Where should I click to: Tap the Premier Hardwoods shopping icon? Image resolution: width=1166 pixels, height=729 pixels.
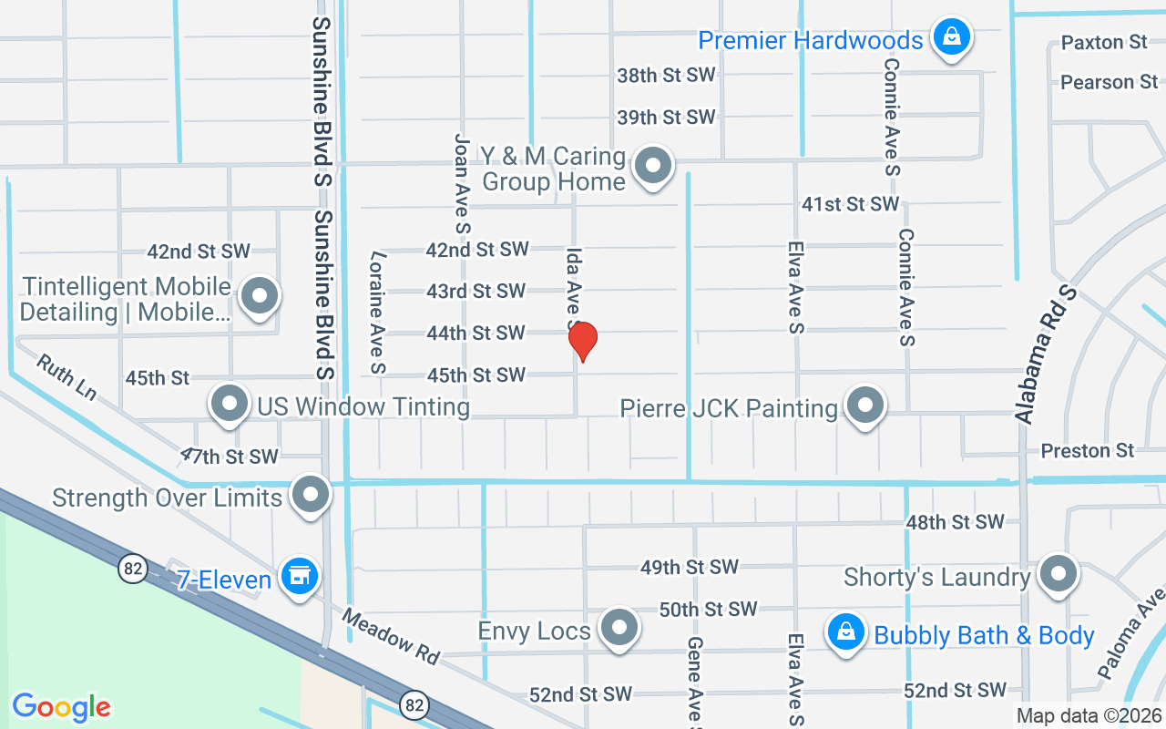click(x=951, y=37)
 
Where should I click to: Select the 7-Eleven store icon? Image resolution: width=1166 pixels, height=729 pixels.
click(x=298, y=577)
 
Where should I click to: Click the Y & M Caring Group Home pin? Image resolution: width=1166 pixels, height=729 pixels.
click(x=652, y=167)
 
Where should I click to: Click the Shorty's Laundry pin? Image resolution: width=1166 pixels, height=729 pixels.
click(x=1058, y=575)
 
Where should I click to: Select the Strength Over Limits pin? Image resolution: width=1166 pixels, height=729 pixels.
click(x=311, y=495)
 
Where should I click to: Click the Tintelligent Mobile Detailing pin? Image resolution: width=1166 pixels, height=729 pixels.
click(x=261, y=296)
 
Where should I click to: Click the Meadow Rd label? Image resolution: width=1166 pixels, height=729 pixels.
click(x=391, y=636)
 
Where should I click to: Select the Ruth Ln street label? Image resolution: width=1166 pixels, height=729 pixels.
click(x=66, y=377)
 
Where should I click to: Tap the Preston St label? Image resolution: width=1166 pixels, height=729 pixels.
click(x=1088, y=451)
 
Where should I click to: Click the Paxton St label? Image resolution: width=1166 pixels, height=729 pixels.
click(x=1104, y=43)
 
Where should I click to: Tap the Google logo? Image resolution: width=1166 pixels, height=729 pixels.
click(x=61, y=707)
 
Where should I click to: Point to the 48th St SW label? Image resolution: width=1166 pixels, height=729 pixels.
click(x=955, y=522)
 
